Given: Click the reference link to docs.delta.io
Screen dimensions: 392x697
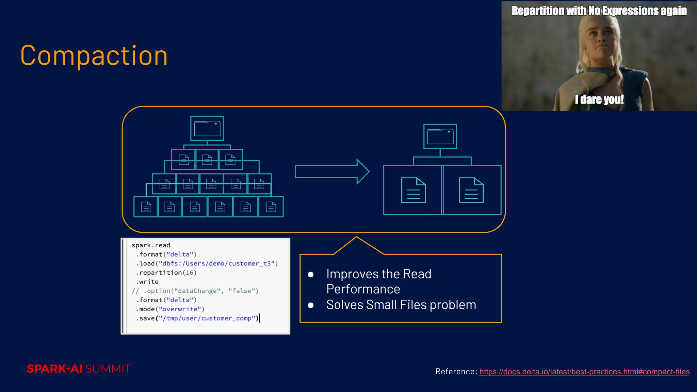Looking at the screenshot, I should pos(584,372).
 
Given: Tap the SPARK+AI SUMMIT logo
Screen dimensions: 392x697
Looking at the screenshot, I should pos(79,369).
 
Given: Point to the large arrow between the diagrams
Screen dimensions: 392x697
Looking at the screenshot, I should pos(332,171).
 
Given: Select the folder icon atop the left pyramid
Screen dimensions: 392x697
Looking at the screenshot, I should pos(207,128).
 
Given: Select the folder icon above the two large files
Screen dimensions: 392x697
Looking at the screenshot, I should pos(440,136).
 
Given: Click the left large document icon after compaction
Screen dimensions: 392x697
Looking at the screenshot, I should pos(413,190).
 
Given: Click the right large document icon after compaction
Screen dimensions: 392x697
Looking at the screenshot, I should pos(471,190).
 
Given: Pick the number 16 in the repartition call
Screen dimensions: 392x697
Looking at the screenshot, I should pos(190,273).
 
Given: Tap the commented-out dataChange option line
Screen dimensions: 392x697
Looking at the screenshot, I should pos(195,291).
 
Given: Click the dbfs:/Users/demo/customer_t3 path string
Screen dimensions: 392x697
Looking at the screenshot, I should pos(216,263).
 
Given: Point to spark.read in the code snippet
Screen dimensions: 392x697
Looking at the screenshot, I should pos(151,245).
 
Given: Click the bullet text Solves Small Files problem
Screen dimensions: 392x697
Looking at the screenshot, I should pos(401,305).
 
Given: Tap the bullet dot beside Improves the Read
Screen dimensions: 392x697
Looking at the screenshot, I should pos(310,275).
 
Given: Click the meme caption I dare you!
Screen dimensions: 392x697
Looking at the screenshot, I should pos(599,100).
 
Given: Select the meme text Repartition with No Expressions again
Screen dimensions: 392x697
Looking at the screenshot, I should pos(599,11).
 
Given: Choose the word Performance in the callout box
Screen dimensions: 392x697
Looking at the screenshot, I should pos(363,289).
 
